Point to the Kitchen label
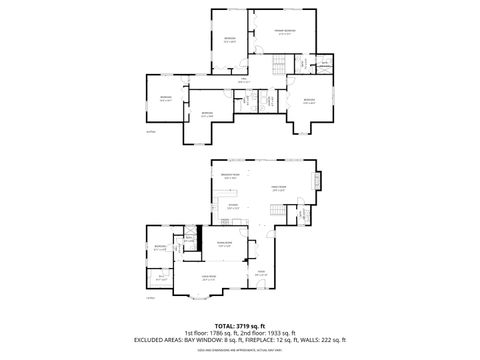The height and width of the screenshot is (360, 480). [x=232, y=207]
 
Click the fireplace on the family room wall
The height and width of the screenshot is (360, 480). [x=319, y=181]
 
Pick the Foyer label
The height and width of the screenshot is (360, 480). [x=261, y=272]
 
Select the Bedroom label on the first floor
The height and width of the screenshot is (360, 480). [x=159, y=247]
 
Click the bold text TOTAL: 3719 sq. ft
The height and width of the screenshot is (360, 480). [x=239, y=326]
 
